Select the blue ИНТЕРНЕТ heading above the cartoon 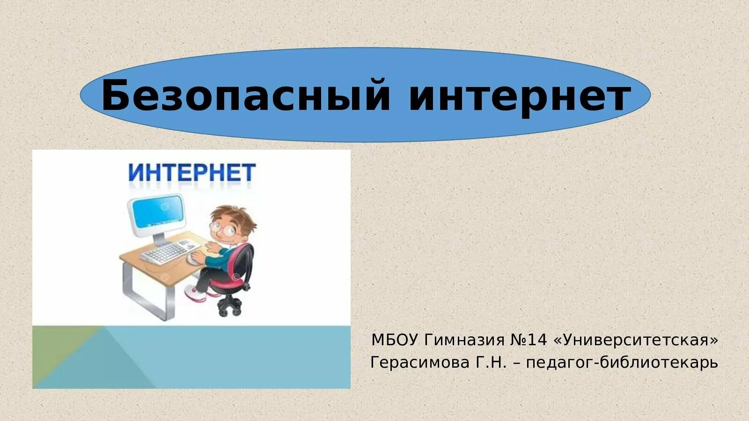tap(192, 173)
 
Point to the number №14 tap(529, 340)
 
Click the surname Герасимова tap(419, 363)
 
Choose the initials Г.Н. tap(492, 363)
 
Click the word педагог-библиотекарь tap(622, 363)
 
